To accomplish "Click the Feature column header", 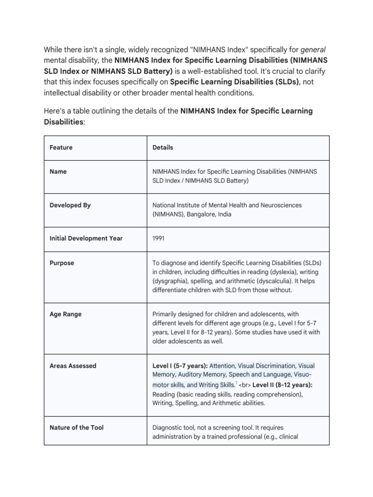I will pos(61,147).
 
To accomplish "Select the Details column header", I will pos(163,147).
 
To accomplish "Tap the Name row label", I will pos(58,171).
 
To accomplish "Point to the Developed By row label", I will pos(70,205).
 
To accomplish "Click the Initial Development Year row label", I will pos(86,238).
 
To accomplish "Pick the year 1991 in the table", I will pos(159,238).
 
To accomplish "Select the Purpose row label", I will pos(62,263).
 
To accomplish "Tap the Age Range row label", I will pos(66,314).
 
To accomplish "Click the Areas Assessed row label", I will pos(73,365).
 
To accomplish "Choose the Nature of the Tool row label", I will pos(76,428).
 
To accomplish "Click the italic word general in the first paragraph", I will pos(313,49).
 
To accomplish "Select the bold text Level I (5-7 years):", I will pos(180,365).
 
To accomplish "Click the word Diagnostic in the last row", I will pos(168,428).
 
